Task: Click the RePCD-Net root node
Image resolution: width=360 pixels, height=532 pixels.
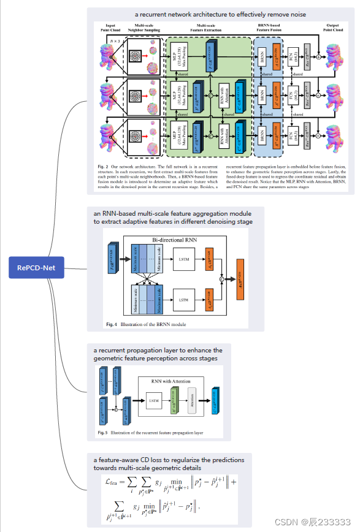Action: [x=36, y=267]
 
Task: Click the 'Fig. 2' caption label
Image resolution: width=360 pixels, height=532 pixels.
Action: [x=102, y=167]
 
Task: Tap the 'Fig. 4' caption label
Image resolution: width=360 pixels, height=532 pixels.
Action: [x=110, y=324]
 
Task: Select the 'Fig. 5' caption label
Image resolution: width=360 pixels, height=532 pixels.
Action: [x=103, y=433]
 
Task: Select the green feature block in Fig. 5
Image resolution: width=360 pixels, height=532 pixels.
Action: [x=173, y=400]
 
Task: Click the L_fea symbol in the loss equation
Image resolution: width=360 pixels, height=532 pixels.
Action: [x=115, y=482]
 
